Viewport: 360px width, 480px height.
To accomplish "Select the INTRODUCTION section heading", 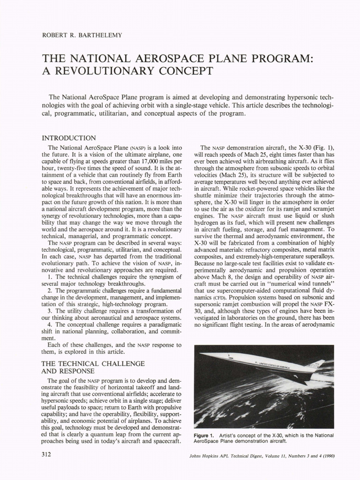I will [x=69, y=138].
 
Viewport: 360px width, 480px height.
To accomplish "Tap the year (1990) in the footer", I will [x=327, y=457].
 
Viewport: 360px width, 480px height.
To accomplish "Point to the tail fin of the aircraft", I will [x=319, y=364].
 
